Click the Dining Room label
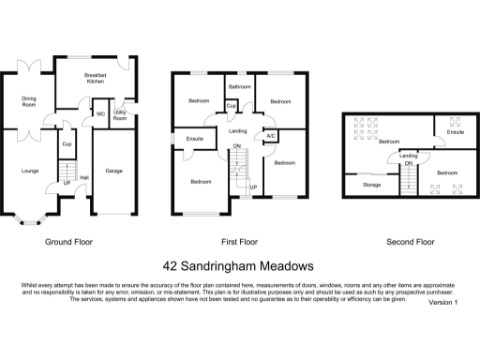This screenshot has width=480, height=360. pos(28,101)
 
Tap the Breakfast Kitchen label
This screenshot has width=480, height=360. pos(95,79)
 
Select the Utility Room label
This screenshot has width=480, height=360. pos(120,115)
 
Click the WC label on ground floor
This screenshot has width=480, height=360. pos(99,114)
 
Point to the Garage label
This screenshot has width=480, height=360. pos(114,171)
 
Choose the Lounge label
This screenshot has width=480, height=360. pos(31,171)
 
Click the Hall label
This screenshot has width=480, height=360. pos(84,177)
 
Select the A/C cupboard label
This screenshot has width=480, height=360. pos(270,135)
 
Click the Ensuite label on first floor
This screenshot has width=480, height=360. pos(195,140)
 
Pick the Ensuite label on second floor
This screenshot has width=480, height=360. pos(455,132)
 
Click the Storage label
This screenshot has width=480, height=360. pos(372,186)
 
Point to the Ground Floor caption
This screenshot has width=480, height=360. pos(68,242)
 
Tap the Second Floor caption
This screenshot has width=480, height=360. pos(411,242)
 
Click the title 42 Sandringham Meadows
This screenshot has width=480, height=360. pos(239,266)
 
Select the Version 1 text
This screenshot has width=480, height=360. pos(442,303)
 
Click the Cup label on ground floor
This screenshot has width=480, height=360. pos(67,144)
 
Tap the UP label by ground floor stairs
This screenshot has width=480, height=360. pos(67,183)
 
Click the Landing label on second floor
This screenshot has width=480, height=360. pos(409,155)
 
